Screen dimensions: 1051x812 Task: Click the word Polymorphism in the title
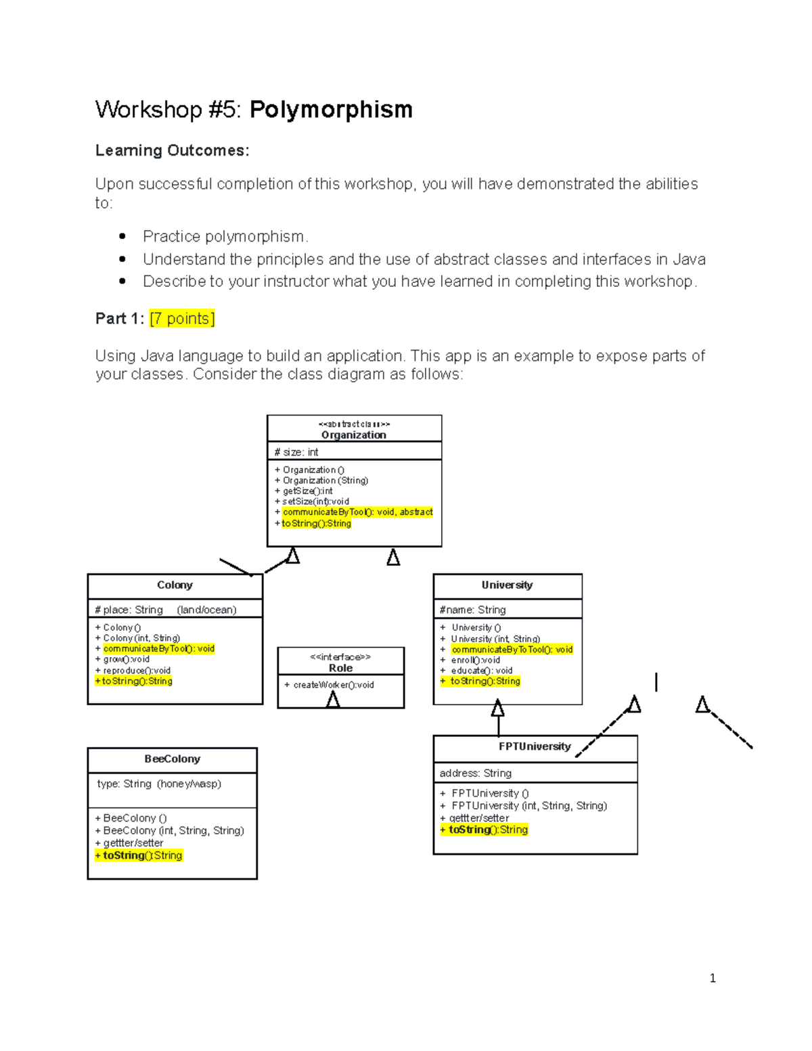tap(331, 110)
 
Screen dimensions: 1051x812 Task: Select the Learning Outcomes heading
tap(172, 150)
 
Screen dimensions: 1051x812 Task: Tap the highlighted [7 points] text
tap(182, 318)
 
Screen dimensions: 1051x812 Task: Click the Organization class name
tap(353, 435)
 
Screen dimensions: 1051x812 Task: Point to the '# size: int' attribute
tap(296, 452)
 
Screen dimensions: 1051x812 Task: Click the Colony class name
tap(175, 585)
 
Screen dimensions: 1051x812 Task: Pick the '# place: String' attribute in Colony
tap(129, 610)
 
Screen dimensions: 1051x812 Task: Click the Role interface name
tap(340, 668)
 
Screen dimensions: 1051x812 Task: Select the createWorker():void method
tap(330, 685)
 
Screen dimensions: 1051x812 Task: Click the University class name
tap(507, 585)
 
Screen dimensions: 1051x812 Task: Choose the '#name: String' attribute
tap(472, 610)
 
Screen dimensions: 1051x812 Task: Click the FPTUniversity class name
tap(535, 746)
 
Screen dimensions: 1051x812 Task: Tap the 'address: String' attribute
tap(476, 773)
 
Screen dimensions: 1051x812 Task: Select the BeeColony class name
tap(172, 759)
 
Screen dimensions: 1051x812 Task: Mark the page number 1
tap(713, 978)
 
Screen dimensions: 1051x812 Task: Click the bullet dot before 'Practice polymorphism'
tap(122, 236)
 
